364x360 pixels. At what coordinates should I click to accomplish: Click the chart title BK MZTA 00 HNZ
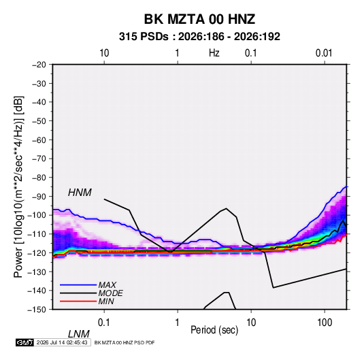(199, 19)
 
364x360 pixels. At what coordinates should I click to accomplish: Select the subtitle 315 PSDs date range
(199, 37)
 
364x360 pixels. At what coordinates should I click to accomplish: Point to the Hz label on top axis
(214, 53)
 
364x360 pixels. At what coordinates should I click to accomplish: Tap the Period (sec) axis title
(214, 330)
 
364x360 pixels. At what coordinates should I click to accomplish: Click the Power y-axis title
(18, 187)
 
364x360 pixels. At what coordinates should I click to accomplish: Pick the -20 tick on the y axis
(39, 65)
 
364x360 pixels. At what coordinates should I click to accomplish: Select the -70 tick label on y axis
(39, 159)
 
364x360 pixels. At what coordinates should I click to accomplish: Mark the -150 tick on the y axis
(37, 310)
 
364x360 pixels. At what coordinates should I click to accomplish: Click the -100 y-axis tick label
(37, 215)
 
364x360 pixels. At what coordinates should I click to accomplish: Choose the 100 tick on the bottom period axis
(325, 323)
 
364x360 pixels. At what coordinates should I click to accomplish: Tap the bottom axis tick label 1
(177, 323)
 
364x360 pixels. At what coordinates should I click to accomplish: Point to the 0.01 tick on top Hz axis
(324, 53)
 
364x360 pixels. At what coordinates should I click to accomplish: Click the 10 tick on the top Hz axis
(104, 53)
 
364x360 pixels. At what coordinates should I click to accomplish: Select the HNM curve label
(80, 193)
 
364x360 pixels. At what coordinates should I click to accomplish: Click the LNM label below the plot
(78, 334)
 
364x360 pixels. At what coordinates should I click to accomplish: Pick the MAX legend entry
(107, 285)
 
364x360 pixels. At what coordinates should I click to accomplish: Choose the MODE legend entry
(110, 293)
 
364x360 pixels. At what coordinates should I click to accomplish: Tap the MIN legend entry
(106, 301)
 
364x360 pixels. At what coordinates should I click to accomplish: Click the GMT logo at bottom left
(24, 342)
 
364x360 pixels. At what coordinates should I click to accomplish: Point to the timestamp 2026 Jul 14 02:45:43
(62, 342)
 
